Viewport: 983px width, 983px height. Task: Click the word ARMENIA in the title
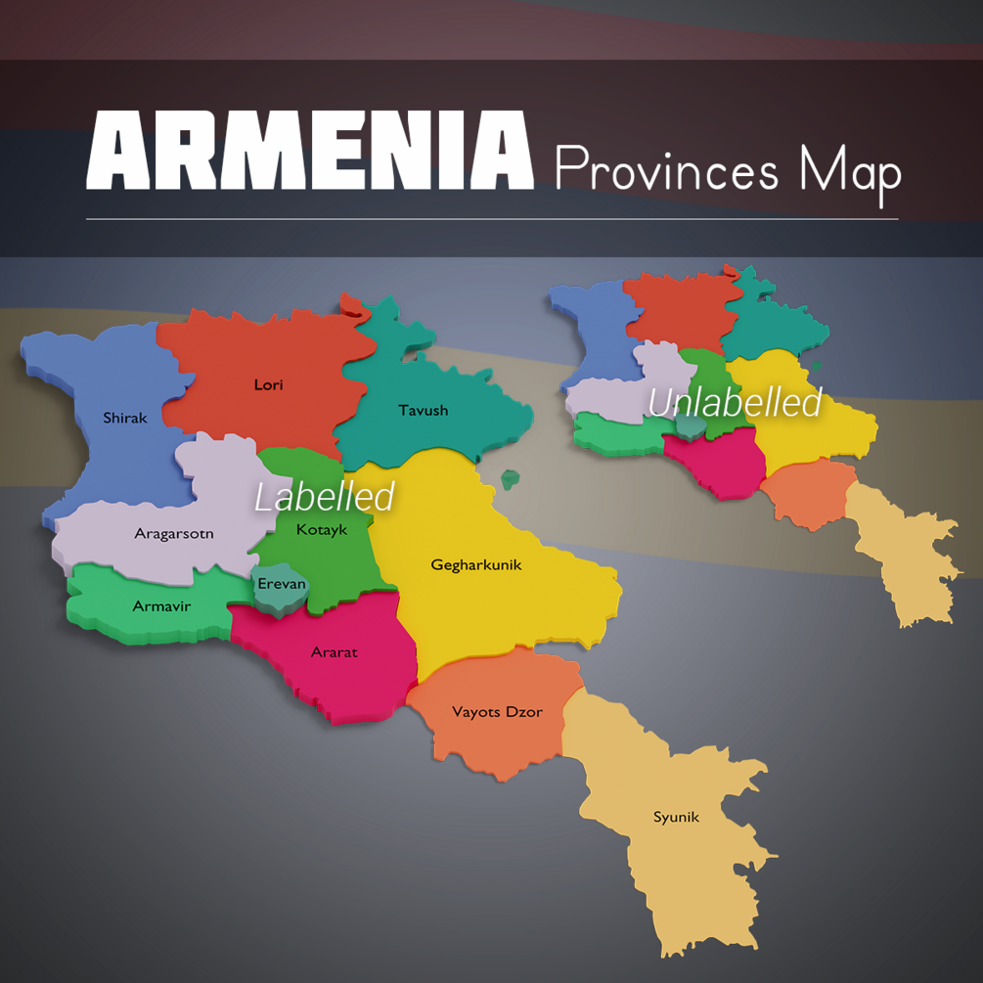(309, 152)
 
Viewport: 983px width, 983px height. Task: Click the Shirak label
(125, 419)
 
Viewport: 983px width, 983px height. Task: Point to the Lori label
(268, 385)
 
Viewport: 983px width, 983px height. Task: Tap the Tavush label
(423, 411)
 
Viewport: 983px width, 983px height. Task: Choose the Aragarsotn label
(173, 534)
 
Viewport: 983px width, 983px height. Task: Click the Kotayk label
(322, 530)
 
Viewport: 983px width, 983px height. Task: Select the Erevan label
(282, 585)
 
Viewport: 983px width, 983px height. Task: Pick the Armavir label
(161, 607)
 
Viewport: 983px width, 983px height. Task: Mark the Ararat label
(334, 652)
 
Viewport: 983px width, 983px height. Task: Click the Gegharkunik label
(476, 565)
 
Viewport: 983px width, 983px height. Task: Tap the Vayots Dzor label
(497, 712)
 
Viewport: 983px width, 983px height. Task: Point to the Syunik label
(676, 818)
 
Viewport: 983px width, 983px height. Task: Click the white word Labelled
(325, 497)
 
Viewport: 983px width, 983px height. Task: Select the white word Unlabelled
(735, 403)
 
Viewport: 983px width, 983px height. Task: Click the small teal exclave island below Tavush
(510, 479)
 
